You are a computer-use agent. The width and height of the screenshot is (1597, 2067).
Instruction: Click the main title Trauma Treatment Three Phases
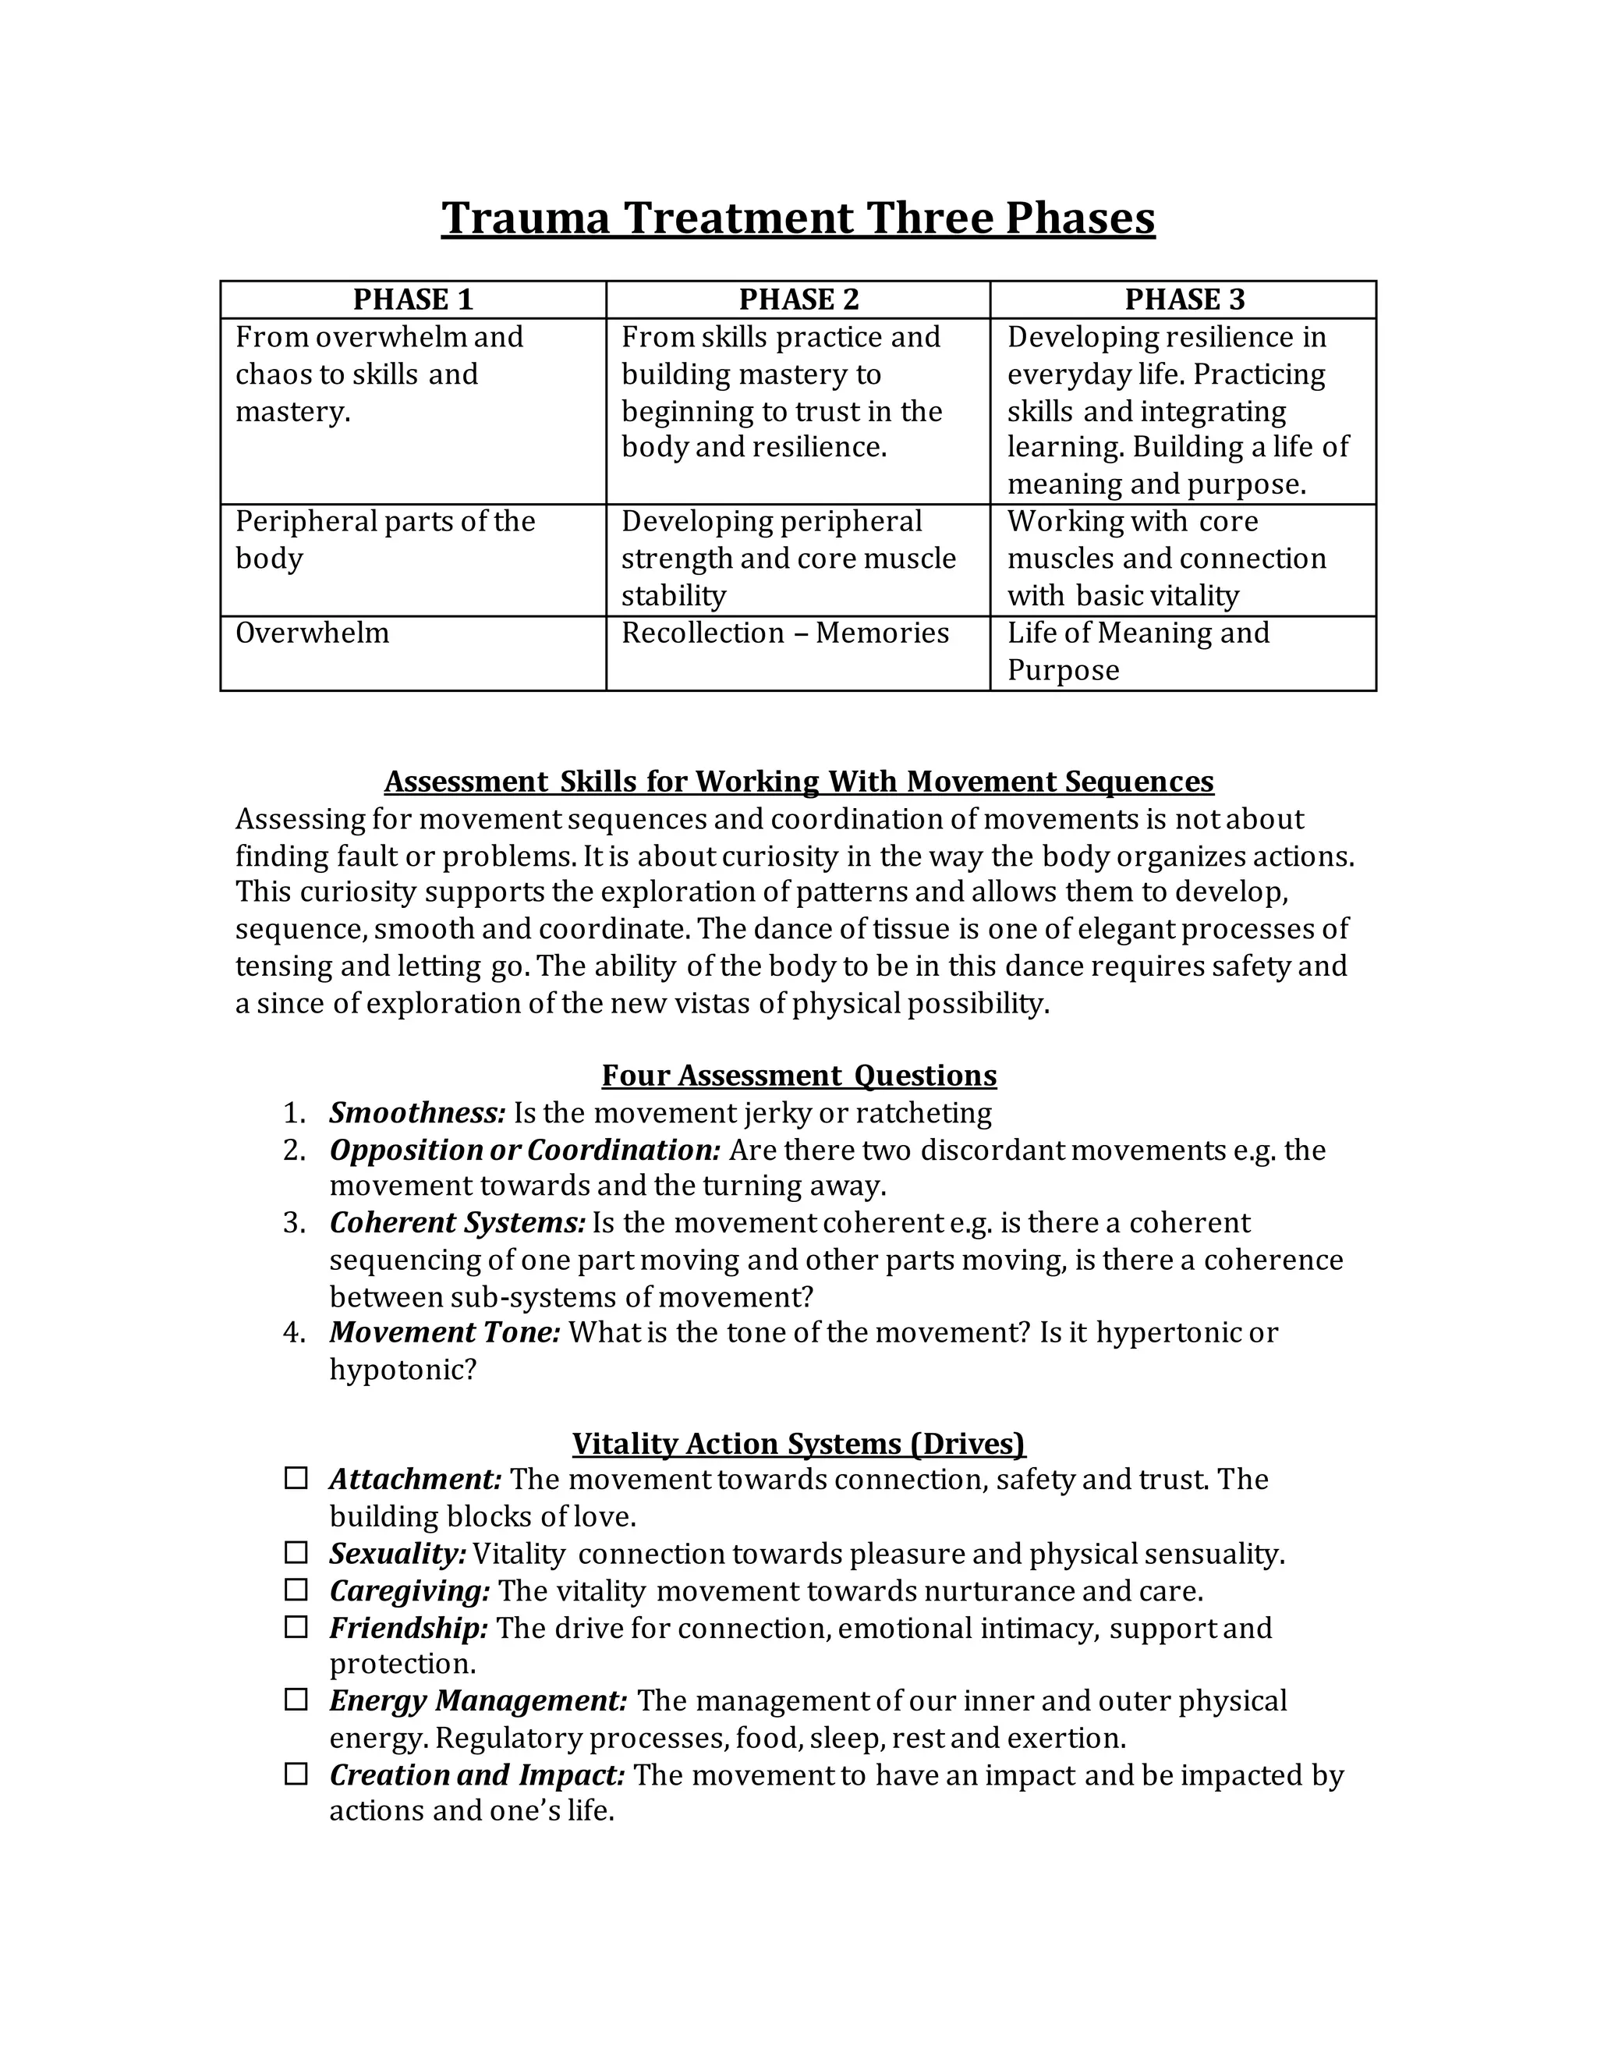(798, 218)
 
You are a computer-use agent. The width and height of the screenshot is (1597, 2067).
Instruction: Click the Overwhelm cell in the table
(312, 633)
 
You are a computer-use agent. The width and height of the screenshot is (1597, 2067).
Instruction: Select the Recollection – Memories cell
(784, 633)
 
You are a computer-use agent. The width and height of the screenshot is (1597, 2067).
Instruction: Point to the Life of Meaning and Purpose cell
(1137, 651)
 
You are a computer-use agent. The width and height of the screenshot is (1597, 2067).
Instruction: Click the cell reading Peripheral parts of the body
(384, 540)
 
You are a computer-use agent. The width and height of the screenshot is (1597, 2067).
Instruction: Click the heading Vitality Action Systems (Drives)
(798, 1442)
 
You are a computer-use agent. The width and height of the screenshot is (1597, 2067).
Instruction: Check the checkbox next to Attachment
(296, 1477)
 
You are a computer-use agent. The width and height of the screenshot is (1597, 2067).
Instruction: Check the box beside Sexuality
(296, 1552)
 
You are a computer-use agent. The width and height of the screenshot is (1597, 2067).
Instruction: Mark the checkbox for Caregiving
(296, 1589)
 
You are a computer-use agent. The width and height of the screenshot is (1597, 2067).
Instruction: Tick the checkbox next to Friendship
(296, 1626)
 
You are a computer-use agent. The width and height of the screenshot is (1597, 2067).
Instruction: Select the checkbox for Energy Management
(296, 1700)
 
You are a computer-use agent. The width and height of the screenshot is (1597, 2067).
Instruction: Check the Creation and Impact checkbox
(296, 1774)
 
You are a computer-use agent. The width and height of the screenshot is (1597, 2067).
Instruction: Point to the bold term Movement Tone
(444, 1332)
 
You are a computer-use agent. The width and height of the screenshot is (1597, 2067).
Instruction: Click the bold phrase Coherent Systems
(457, 1223)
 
